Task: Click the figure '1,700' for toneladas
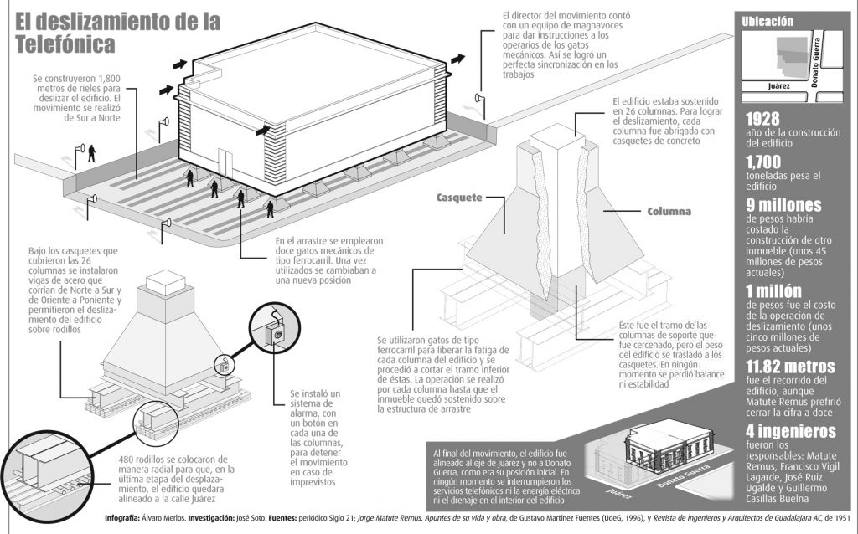[763, 162]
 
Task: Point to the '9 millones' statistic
[783, 205]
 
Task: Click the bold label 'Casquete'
[458, 198]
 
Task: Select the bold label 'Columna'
[668, 212]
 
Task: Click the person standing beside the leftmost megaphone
[92, 153]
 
